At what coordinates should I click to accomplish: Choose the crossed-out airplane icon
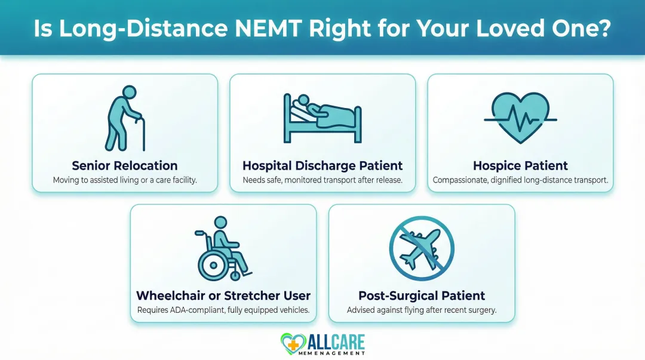click(x=422, y=248)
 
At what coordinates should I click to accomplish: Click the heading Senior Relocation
click(x=125, y=165)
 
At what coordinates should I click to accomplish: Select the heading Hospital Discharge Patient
click(x=322, y=165)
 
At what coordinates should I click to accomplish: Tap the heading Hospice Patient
click(x=520, y=165)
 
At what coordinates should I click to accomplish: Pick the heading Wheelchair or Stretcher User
click(x=223, y=296)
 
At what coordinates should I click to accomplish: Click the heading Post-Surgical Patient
click(x=422, y=296)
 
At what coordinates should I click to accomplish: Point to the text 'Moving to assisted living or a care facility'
click(x=125, y=180)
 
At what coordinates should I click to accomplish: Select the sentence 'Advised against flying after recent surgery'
click(x=422, y=310)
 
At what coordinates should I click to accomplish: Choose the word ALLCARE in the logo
click(x=336, y=341)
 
